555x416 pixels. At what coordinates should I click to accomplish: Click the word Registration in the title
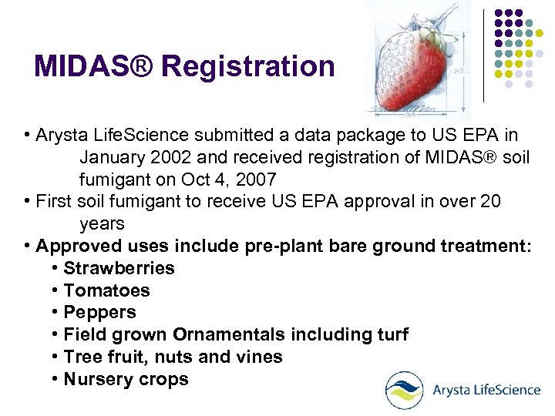[248, 67]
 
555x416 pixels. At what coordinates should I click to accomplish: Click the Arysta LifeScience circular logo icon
[404, 390]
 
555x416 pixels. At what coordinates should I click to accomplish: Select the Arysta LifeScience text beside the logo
[485, 390]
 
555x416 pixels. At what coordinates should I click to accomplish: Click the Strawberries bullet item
[119, 268]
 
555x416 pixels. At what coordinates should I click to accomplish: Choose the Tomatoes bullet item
[106, 290]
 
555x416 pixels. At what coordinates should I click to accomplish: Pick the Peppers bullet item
[99, 313]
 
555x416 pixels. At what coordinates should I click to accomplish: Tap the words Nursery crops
[126, 379]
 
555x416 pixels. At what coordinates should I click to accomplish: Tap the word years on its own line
[101, 224]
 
